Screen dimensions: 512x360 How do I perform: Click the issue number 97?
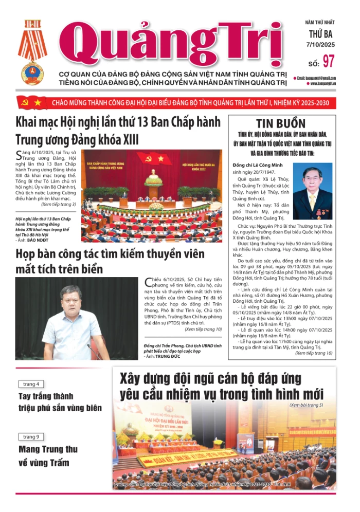(x=329, y=61)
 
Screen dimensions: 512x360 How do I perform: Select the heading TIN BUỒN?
(x=280, y=123)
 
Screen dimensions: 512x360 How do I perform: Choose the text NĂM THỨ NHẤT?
(x=319, y=23)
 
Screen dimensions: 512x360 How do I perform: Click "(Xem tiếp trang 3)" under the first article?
(x=59, y=204)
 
